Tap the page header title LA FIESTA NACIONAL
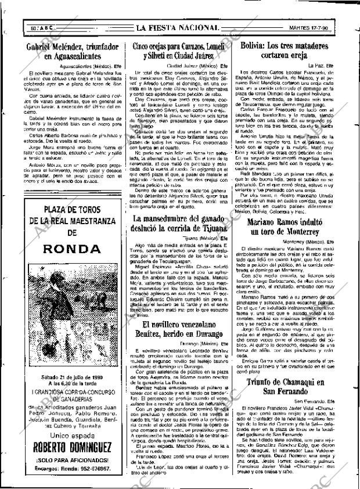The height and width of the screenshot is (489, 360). click(x=178, y=27)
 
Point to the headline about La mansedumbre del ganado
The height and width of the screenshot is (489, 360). click(x=179, y=224)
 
